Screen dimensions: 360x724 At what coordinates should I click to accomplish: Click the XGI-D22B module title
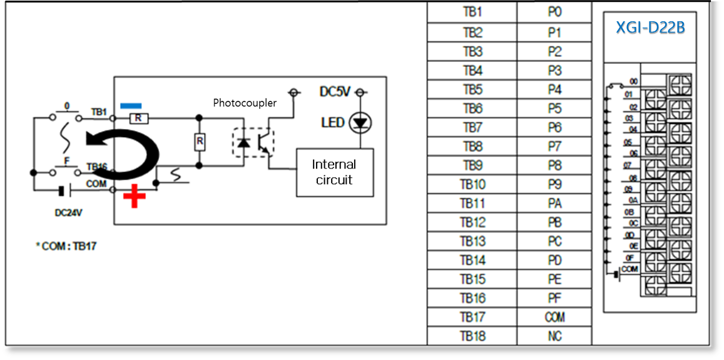(x=650, y=28)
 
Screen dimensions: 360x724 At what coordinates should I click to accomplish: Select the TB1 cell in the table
(x=472, y=13)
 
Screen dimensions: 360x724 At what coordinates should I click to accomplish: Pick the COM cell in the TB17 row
(x=554, y=317)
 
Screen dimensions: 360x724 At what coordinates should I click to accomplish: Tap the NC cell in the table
(x=554, y=336)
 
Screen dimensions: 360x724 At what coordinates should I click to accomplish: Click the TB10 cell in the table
(x=472, y=184)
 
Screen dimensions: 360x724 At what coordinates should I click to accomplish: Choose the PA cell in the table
(x=554, y=203)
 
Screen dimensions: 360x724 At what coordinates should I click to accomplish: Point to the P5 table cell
(x=554, y=108)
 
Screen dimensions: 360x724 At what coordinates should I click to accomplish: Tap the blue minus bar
(x=131, y=105)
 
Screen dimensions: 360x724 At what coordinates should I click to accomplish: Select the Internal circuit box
(x=334, y=172)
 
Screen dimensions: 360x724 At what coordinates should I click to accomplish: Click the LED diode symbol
(x=360, y=122)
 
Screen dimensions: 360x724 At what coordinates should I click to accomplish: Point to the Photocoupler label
(x=245, y=102)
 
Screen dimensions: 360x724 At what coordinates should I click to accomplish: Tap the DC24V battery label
(x=68, y=212)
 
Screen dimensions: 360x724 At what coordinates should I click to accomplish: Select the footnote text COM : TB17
(x=66, y=245)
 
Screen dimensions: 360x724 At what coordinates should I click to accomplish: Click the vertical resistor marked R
(x=200, y=141)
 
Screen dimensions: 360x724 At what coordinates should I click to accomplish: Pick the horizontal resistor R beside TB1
(x=137, y=117)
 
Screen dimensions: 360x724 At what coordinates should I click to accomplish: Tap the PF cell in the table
(x=554, y=298)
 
